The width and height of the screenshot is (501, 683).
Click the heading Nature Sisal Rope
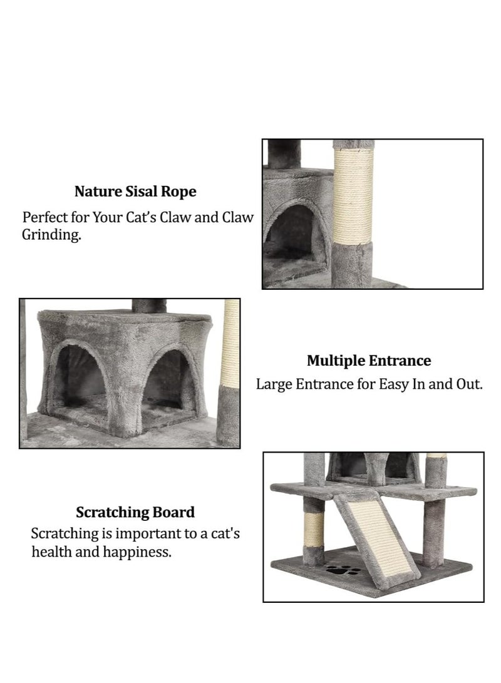135,191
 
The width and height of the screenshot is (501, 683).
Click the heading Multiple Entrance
369,361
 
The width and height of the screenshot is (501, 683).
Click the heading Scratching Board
135,512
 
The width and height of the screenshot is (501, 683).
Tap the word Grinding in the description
52,237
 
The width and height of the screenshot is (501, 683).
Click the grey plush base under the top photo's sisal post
352,263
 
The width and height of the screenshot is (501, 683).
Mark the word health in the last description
52,553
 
